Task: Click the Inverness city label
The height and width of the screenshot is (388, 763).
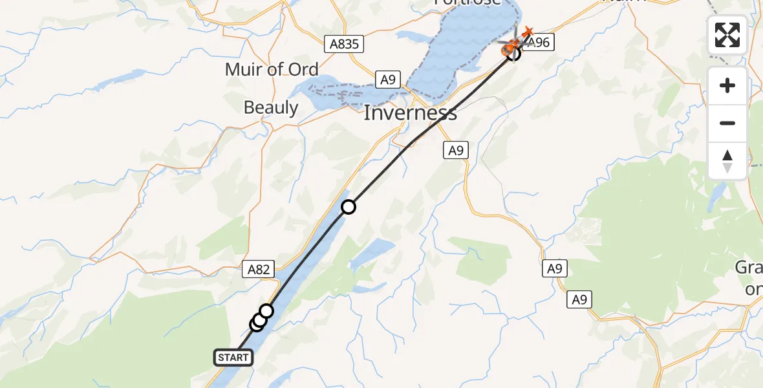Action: [410, 113]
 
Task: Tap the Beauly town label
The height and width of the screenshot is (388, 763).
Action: [271, 107]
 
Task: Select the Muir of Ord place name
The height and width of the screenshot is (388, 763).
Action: [272, 69]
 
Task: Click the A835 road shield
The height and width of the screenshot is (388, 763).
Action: [344, 43]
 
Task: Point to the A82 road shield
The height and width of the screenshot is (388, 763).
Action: [259, 268]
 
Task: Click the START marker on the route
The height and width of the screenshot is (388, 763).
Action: [233, 357]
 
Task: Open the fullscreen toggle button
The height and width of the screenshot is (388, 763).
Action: [727, 35]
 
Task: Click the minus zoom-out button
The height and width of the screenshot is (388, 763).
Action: [727, 123]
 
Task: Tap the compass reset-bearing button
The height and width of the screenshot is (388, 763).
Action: [727, 161]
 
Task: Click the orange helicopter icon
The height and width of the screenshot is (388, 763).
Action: [511, 45]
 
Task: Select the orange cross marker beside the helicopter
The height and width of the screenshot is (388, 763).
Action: [528, 31]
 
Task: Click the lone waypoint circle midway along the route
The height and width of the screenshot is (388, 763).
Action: [349, 207]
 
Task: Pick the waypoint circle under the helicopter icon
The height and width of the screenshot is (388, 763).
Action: [513, 54]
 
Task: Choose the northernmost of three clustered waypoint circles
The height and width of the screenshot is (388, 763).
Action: [266, 311]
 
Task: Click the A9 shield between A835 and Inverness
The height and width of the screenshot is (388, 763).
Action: [387, 80]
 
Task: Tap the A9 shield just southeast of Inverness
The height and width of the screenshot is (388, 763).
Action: [456, 150]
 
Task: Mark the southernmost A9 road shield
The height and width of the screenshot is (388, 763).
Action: [581, 299]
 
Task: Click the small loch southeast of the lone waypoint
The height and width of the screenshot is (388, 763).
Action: [372, 253]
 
